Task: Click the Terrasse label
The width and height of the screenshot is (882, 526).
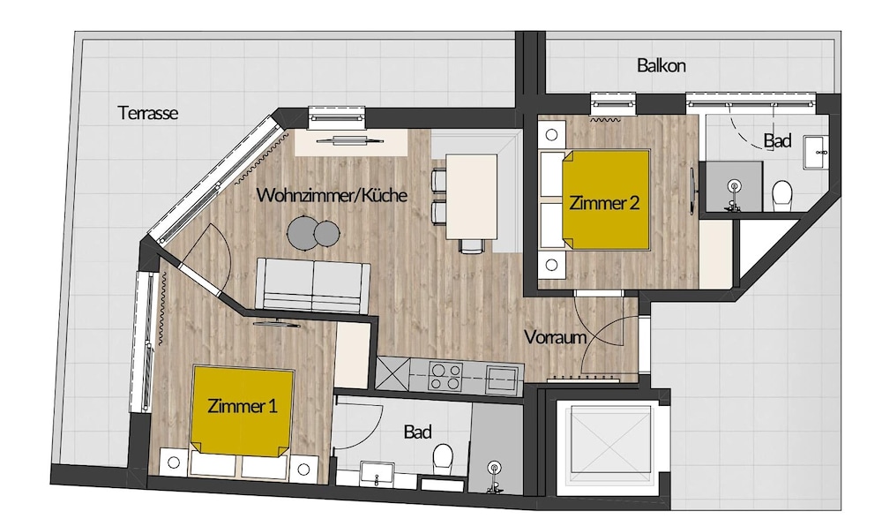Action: pos(148,113)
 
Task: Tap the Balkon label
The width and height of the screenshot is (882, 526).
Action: pos(661,66)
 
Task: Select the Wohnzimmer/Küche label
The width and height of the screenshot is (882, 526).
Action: pos(332,195)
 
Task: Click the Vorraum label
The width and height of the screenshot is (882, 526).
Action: pos(555,337)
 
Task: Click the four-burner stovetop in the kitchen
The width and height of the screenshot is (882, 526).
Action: pos(445,376)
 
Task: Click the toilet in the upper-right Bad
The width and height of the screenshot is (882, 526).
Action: pos(781,193)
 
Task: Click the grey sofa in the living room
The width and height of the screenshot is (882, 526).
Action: pos(313,285)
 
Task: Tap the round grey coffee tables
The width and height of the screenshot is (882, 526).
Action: pos(313,232)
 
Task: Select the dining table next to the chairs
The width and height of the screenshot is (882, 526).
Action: pos(471,196)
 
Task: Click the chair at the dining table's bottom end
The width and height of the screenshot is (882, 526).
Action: pos(471,246)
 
